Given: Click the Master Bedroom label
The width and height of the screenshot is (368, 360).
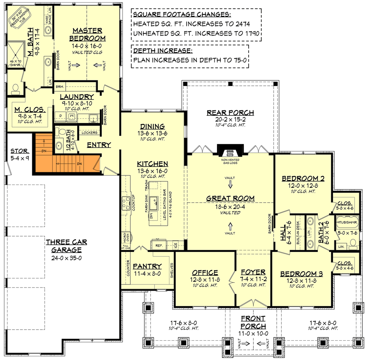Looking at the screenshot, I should point(89,34).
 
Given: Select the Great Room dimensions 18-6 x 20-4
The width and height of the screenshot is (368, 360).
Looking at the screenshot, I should point(230,206).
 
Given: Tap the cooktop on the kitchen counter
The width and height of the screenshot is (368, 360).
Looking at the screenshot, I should point(125,202).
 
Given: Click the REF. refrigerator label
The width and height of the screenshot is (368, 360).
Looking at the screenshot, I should point(159,245).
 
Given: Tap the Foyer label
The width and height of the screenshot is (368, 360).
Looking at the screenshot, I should point(253,272).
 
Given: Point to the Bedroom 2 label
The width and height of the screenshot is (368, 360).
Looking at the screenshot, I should point(303,178).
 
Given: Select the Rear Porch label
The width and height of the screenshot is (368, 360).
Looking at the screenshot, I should point(230,112).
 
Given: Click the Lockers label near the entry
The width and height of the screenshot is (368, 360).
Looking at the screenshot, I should point(89,133).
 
